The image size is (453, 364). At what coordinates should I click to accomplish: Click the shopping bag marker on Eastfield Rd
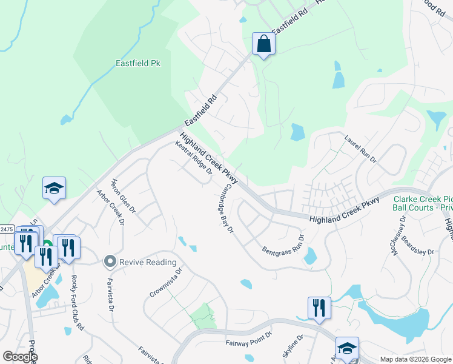coord(263,44)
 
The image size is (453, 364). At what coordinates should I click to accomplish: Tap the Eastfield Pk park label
coord(142,62)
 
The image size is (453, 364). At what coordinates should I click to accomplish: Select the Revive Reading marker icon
coord(110,262)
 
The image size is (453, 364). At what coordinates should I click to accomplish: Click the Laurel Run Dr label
coord(360,152)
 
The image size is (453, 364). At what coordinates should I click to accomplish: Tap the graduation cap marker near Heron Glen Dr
coord(54,189)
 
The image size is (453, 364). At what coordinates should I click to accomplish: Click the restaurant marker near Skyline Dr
coord(319,308)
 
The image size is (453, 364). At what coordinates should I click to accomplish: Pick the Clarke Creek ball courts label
coord(423,203)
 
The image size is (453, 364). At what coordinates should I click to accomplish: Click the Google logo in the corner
coord(19,356)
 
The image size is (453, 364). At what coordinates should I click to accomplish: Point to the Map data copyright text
coord(415,359)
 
